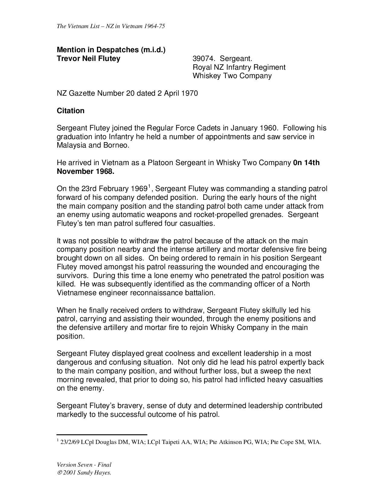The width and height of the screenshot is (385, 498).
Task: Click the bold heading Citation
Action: [x=71, y=111]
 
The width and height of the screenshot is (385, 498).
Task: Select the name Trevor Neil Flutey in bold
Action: [x=88, y=59]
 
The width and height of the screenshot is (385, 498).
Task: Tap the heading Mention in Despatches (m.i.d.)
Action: [x=111, y=50]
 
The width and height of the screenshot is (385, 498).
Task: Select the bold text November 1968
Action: [x=85, y=171]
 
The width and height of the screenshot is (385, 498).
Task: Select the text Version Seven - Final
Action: [x=84, y=465]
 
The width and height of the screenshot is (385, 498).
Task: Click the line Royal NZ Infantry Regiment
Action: [x=239, y=67]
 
